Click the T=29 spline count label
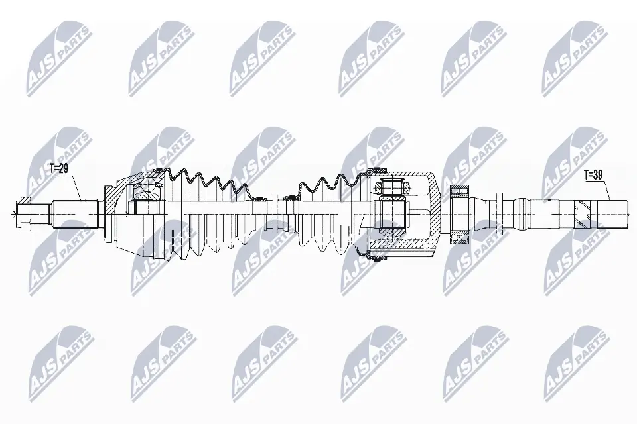click(59, 169)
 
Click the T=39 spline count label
click(594, 176)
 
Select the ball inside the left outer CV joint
click(147, 193)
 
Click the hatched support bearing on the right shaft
click(459, 192)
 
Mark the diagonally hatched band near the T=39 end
click(581, 214)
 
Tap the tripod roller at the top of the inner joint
click(391, 186)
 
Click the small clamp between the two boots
click(290, 197)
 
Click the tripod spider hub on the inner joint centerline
click(391, 214)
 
